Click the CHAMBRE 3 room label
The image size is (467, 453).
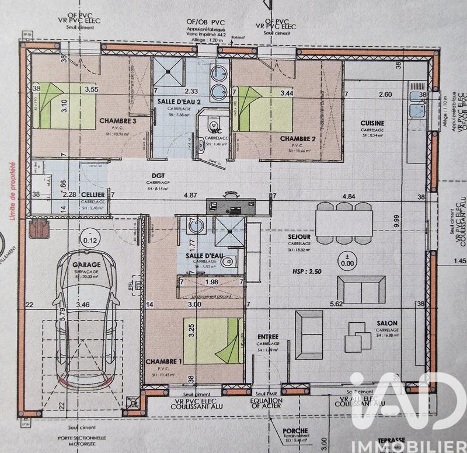pyautogui.click(x=117, y=121)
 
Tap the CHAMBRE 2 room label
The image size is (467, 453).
pyautogui.click(x=298, y=138)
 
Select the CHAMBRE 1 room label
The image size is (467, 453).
pyautogui.click(x=163, y=361)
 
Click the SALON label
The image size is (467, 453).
pyautogui.click(x=387, y=323)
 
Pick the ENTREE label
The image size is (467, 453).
pyautogui.click(x=269, y=336)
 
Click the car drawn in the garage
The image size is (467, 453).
pyautogui.click(x=86, y=327)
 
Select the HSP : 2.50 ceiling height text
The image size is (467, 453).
pyautogui.click(x=306, y=271)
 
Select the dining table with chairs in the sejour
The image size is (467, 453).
pyautogui.click(x=344, y=223)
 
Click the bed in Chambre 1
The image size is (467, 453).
pyautogui.click(x=213, y=340)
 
